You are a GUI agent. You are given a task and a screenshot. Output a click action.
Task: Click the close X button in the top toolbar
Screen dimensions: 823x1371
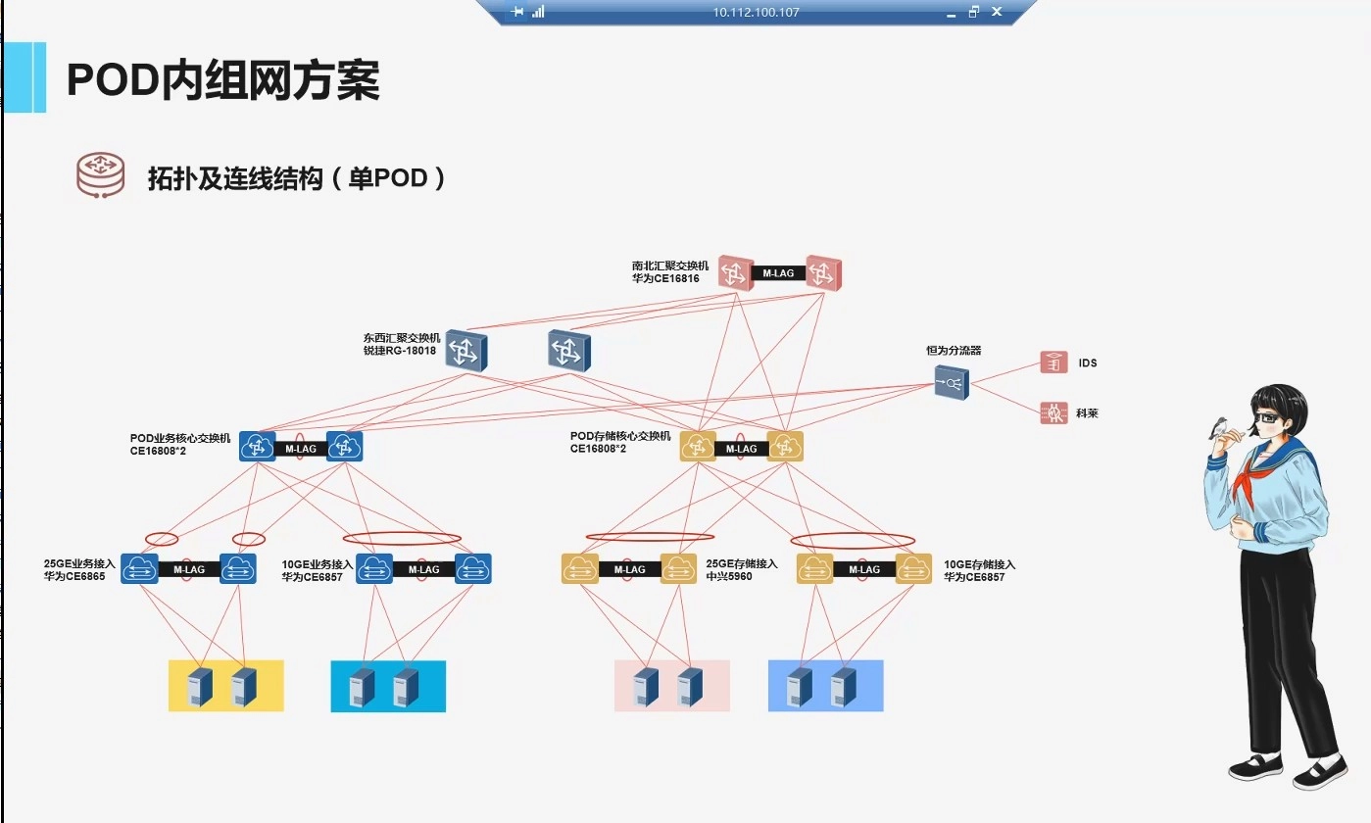point(997,12)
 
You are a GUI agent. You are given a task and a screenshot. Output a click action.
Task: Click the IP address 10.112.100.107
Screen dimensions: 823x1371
point(757,13)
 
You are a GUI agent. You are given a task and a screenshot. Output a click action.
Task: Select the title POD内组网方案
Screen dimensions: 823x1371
point(222,80)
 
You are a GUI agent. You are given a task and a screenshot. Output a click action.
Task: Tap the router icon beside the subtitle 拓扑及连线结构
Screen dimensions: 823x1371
point(101,176)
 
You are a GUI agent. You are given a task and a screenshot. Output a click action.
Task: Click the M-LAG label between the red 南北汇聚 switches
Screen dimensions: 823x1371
point(778,273)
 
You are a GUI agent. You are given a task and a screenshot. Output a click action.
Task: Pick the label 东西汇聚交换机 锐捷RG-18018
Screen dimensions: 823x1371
point(402,344)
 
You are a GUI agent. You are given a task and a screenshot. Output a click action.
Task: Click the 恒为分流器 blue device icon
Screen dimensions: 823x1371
point(951,381)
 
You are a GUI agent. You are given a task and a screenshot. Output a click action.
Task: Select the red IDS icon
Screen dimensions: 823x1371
point(1053,363)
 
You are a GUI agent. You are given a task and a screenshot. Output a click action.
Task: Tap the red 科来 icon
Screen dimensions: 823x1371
point(1053,413)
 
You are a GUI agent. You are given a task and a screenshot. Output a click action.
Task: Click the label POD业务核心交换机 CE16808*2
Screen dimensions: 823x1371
point(180,443)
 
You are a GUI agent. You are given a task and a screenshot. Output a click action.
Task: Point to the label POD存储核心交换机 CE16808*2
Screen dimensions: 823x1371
point(620,442)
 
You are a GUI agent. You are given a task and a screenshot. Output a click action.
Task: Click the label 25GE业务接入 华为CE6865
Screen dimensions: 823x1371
point(79,570)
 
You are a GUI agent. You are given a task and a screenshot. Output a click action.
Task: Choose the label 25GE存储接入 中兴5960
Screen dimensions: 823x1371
point(741,570)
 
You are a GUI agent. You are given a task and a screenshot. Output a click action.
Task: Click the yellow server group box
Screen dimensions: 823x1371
point(225,685)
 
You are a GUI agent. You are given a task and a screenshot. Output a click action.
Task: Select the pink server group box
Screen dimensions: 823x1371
point(671,685)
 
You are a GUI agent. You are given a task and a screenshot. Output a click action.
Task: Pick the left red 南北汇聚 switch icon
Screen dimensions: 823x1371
point(735,272)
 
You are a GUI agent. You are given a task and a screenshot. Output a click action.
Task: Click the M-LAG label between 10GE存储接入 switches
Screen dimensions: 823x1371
point(863,569)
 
